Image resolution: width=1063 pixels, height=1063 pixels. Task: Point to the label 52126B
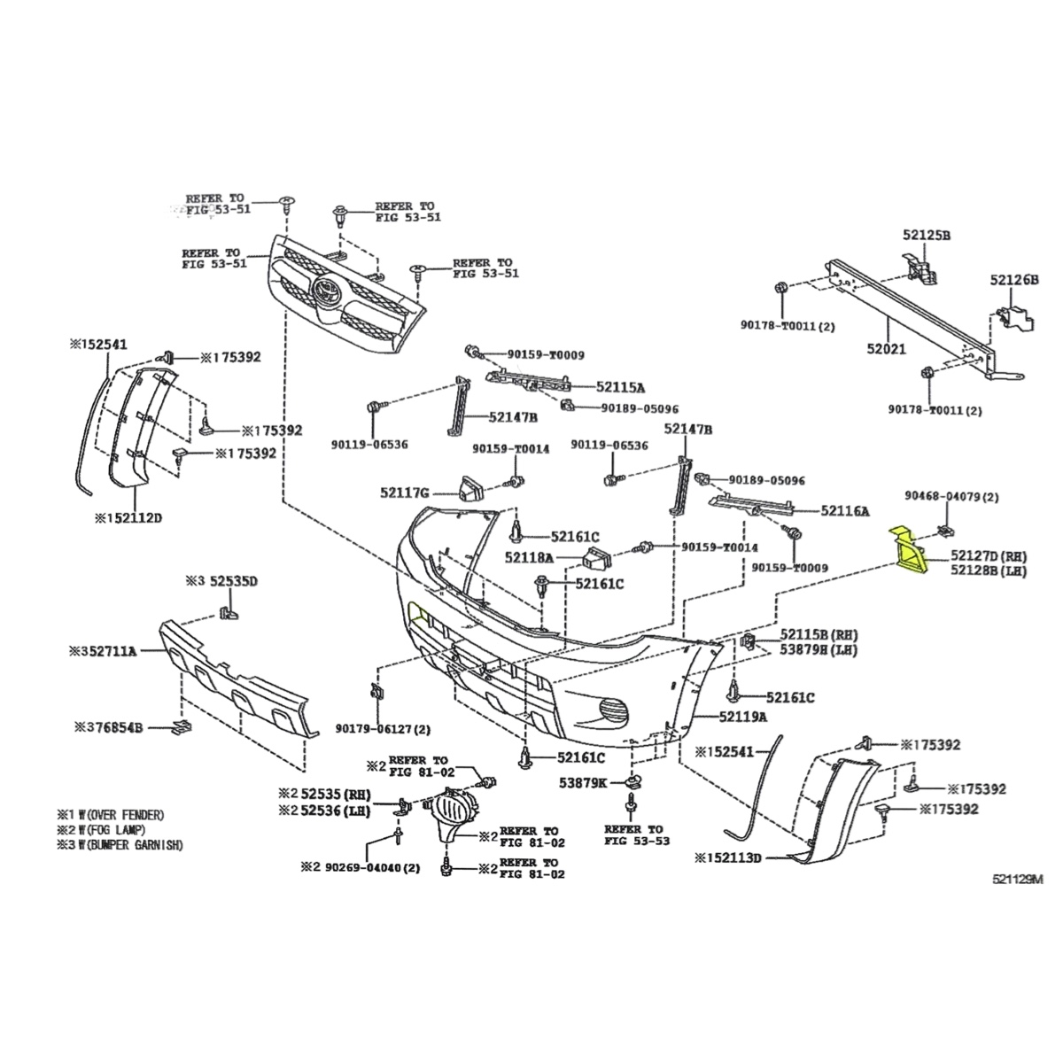pyautogui.click(x=1013, y=280)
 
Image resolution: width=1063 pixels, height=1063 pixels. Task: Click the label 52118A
pyautogui.click(x=529, y=557)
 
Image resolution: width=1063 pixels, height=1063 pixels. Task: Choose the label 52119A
pyautogui.click(x=743, y=716)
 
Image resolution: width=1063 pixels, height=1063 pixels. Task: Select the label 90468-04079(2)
pyautogui.click(x=951, y=497)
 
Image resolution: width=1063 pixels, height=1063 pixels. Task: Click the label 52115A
pyautogui.click(x=620, y=386)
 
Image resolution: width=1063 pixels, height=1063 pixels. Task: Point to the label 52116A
pyautogui.click(x=844, y=510)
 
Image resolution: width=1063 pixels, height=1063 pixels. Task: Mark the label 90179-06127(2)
pyautogui.click(x=383, y=728)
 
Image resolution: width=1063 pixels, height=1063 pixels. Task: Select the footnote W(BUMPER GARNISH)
pyautogui.click(x=123, y=845)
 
